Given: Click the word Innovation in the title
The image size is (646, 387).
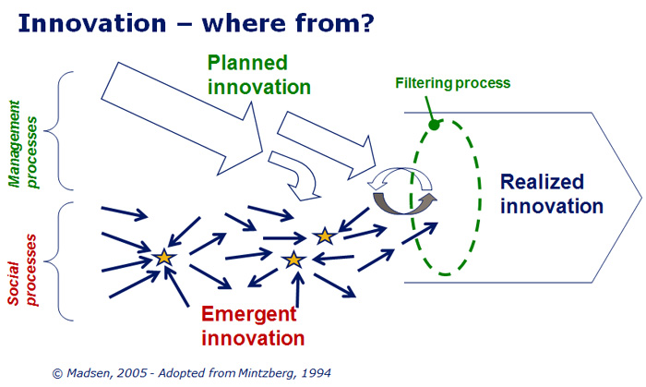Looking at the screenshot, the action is point(92,23).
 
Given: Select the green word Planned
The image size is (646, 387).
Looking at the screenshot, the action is point(247,64).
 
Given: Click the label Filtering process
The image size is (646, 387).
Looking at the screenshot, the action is point(453,83).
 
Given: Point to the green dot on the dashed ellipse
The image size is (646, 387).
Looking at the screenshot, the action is point(435,125).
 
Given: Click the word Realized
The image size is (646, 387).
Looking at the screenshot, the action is point(543,182).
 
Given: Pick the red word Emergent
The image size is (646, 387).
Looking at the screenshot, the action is point(249,314).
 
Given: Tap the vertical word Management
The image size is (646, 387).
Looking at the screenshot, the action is point(16,143).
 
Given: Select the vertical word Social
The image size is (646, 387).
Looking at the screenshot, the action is point(14,284).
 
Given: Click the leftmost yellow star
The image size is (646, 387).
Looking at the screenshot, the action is point(164,258).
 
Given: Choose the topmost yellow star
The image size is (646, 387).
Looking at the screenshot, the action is point(325,236).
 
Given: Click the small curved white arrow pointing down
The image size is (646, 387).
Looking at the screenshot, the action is point(297,175).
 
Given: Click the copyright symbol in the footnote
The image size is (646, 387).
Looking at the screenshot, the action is point(57,374).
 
